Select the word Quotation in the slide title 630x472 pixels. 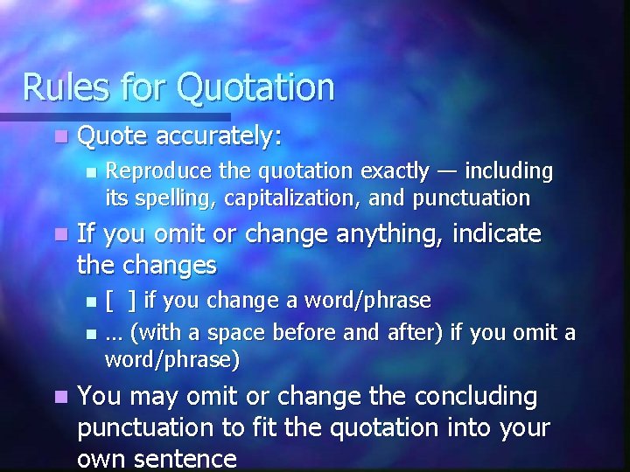255,87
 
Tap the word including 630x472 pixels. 509,170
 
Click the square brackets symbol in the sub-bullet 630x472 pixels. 120,301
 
